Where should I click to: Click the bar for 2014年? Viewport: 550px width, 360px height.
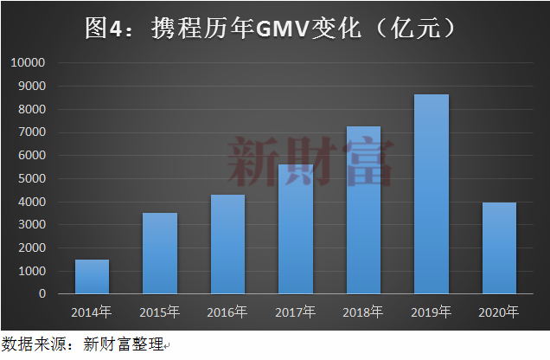93,277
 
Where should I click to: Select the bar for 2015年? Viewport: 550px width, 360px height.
160,254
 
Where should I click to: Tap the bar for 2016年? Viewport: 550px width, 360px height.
227,244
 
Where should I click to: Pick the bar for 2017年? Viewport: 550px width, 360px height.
296,229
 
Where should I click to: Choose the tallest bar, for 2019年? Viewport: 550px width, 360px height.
432,194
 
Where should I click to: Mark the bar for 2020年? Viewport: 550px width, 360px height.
499,248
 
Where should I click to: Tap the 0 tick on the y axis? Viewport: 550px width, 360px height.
41,294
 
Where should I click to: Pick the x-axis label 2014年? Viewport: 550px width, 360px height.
93,312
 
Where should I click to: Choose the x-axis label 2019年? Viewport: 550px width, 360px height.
432,312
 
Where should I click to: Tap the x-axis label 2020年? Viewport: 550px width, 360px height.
499,312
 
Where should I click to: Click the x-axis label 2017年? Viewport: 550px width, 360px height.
296,312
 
